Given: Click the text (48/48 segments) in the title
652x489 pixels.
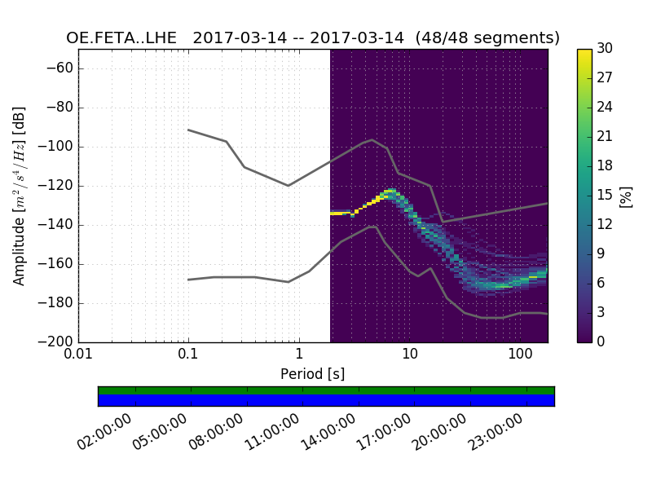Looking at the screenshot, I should click(x=487, y=38).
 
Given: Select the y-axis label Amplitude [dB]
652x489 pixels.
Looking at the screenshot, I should click(x=20, y=196).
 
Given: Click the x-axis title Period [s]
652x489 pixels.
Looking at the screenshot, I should click(x=313, y=374).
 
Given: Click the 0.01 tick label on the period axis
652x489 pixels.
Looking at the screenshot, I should click(x=78, y=355).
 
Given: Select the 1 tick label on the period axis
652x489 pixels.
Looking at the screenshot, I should click(x=298, y=355).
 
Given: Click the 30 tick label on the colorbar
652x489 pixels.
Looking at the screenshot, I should click(x=605, y=49).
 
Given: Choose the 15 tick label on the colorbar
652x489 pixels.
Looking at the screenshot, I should click(x=605, y=196).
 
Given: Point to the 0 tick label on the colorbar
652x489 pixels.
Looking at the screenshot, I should click(x=601, y=341).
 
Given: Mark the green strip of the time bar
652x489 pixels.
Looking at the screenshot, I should click(x=326, y=390).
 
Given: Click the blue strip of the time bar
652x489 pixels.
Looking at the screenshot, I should click(x=326, y=400).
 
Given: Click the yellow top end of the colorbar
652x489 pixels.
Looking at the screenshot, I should click(x=584, y=53).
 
